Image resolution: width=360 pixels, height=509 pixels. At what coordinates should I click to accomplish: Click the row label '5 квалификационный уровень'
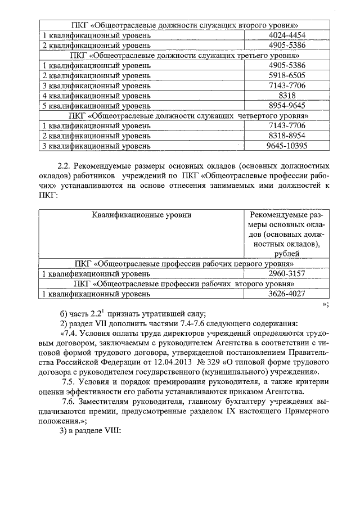point(97,106)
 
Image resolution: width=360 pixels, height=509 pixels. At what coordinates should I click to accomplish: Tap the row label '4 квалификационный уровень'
point(97,96)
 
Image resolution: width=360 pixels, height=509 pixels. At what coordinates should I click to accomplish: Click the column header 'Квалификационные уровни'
point(141,215)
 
